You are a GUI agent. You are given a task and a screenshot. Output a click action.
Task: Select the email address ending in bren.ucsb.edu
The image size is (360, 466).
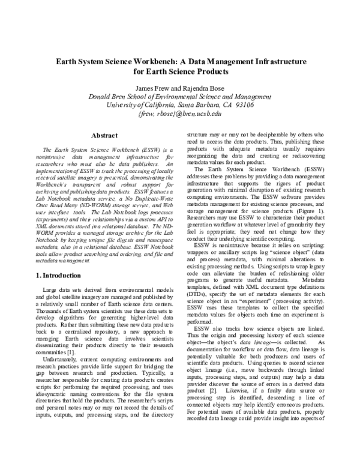(x=179, y=113)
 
